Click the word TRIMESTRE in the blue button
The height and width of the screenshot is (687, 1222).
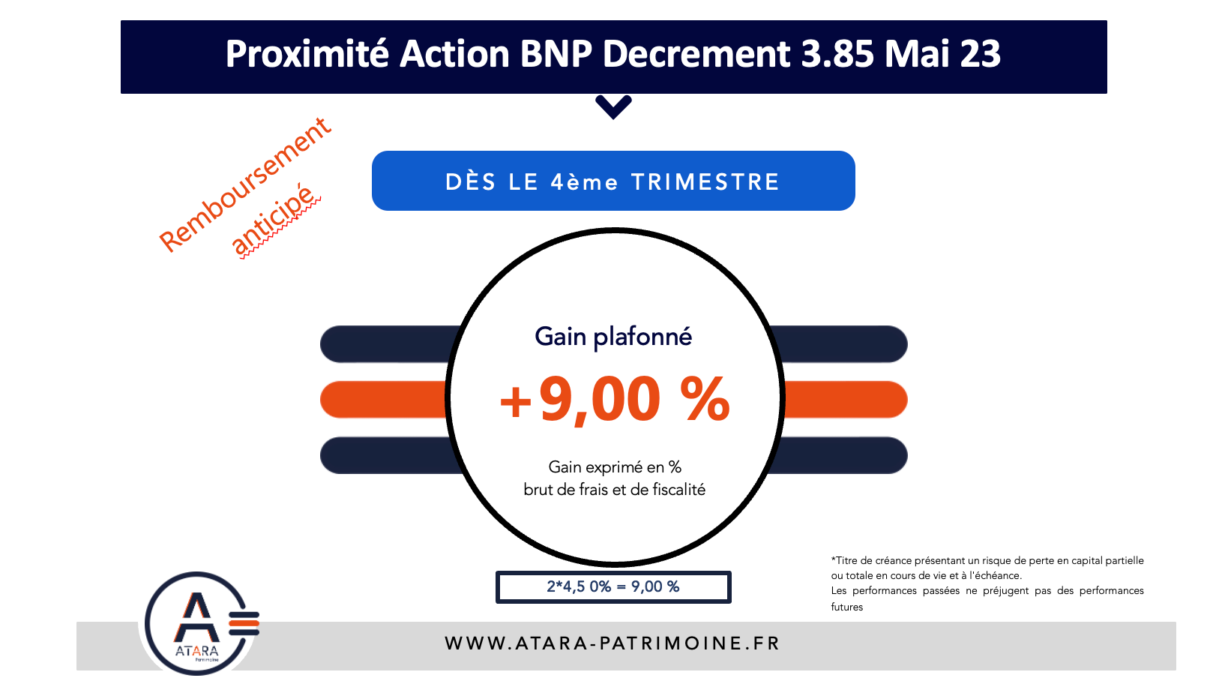[705, 182]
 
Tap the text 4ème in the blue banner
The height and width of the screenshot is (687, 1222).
[584, 182]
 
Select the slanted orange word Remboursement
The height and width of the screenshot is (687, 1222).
[245, 184]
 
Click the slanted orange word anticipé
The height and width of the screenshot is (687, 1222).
[274, 221]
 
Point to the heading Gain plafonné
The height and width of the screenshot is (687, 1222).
[613, 337]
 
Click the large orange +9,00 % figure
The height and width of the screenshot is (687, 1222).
[614, 400]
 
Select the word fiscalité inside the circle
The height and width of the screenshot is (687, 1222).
[679, 490]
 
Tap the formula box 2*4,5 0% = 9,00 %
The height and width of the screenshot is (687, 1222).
[613, 587]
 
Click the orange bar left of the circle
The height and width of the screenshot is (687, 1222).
[384, 400]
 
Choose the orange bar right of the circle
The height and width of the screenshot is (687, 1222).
[844, 400]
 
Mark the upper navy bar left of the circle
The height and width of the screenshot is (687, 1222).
[390, 343]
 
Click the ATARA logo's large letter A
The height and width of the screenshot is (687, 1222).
[197, 617]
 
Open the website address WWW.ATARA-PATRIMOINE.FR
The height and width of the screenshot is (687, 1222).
[612, 643]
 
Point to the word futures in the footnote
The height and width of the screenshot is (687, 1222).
[846, 607]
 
